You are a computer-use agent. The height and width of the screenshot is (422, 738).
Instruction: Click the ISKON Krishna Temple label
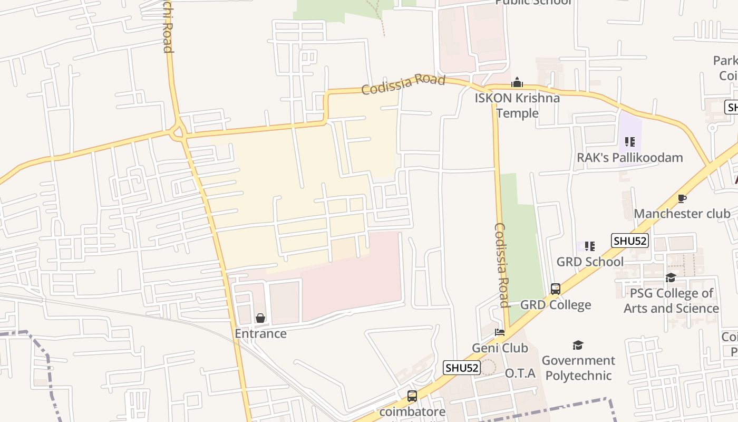pos(517,105)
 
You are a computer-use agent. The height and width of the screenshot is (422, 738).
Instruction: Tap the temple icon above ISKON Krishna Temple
pos(517,83)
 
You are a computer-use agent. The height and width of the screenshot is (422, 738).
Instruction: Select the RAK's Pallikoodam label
pos(629,158)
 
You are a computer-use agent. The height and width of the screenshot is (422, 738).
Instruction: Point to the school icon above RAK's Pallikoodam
pos(629,142)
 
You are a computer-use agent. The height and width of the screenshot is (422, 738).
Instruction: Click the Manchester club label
pos(682,214)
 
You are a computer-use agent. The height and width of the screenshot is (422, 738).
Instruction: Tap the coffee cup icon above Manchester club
pos(682,199)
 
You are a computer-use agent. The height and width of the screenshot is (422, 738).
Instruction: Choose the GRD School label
pos(590,262)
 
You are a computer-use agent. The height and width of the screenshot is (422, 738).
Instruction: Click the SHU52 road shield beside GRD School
pos(629,241)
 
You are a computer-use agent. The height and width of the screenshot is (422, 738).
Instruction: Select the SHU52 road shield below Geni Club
pos(462,368)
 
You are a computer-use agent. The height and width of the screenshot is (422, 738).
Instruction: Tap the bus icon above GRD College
pos(556,289)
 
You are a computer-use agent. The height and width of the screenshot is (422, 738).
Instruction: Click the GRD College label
pos(556,305)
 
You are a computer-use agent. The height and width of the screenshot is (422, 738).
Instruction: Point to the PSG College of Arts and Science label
pos(671,301)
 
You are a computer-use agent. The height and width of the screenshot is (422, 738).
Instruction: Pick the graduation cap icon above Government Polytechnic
pos(578,346)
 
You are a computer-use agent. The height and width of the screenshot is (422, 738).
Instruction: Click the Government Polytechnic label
pos(578,368)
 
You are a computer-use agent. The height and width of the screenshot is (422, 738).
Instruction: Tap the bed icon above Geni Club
pos(500,332)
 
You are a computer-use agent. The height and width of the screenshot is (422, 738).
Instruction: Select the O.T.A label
pos(520,373)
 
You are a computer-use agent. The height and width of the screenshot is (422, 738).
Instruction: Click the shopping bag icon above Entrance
pos(260,318)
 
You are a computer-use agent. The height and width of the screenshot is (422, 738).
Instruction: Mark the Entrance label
pos(260,334)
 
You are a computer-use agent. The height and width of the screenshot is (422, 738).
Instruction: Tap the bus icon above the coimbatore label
pos(412,396)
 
